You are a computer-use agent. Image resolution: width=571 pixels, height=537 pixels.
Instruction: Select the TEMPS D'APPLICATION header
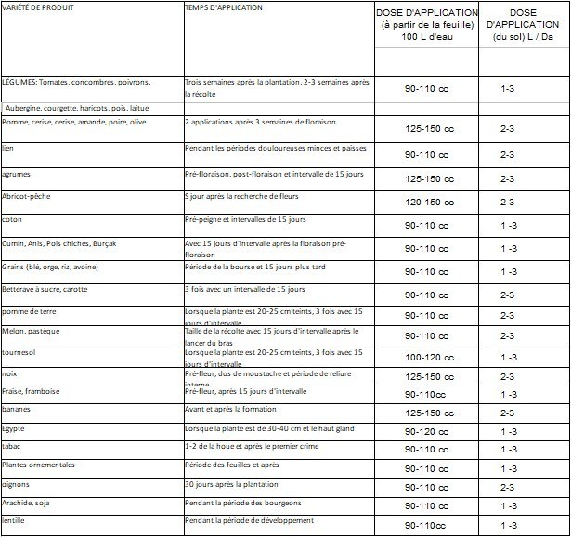click(224, 7)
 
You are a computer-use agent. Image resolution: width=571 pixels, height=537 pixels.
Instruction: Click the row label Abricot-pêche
click(28, 196)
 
